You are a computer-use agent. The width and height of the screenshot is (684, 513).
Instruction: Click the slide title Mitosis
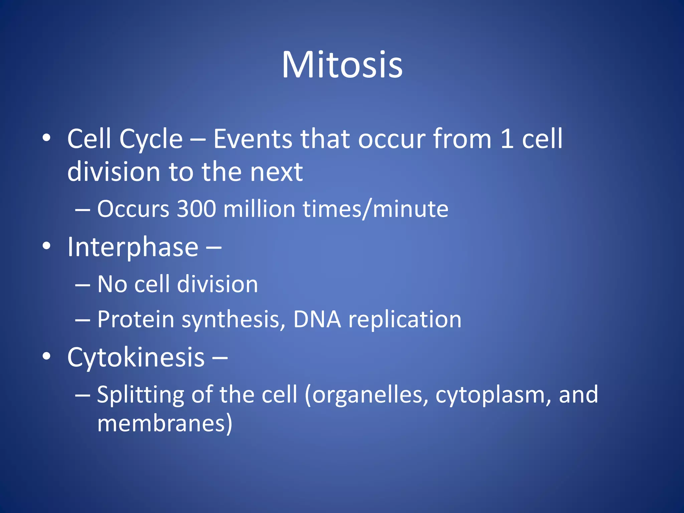[342, 65]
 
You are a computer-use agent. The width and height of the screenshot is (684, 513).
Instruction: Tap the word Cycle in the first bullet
[151, 139]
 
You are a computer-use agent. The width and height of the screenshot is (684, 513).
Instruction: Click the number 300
[196, 209]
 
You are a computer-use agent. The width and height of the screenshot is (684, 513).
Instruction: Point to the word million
[259, 209]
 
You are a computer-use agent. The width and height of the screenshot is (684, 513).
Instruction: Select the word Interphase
[133, 247]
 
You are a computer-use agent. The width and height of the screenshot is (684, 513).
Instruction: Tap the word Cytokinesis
[136, 357]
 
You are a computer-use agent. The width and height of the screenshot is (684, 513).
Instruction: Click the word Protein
[136, 319]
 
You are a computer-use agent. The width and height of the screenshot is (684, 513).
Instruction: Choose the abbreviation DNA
[317, 319]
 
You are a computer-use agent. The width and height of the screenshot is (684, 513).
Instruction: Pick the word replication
[405, 319]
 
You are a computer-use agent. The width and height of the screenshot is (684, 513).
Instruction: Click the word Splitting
[140, 395]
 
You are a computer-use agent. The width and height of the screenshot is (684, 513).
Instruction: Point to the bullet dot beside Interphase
[46, 246]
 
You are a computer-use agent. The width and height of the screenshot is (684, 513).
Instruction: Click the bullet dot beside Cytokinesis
[46, 357]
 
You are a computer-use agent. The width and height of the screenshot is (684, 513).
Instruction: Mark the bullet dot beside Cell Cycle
[46, 138]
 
